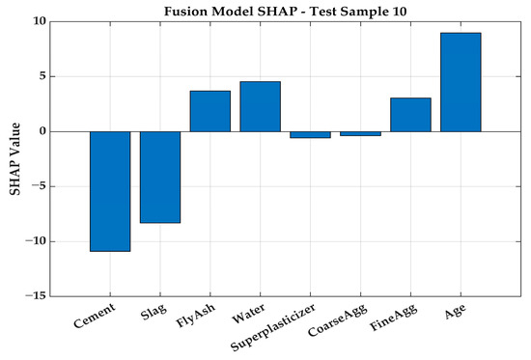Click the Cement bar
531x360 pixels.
coord(110,191)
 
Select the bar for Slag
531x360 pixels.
coord(160,178)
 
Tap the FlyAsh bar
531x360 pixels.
coord(210,111)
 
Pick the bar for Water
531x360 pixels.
coord(261,106)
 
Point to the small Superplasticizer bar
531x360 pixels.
coord(311,135)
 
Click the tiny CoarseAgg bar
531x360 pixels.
coord(361,134)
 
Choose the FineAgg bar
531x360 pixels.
coord(410,115)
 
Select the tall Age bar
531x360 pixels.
coord(461,82)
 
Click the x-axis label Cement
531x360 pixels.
coord(95,316)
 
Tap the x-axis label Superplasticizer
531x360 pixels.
coord(273,327)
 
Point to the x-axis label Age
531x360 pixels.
coord(456,312)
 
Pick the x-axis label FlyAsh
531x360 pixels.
coord(196,316)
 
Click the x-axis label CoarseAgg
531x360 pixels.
coord(338,320)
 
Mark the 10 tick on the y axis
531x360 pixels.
coord(40,21)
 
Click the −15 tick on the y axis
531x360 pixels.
coord(35,296)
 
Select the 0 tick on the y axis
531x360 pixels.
coord(42,131)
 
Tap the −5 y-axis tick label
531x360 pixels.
coord(39,186)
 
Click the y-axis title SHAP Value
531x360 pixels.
coord(14,159)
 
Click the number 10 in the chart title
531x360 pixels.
coord(400,12)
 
